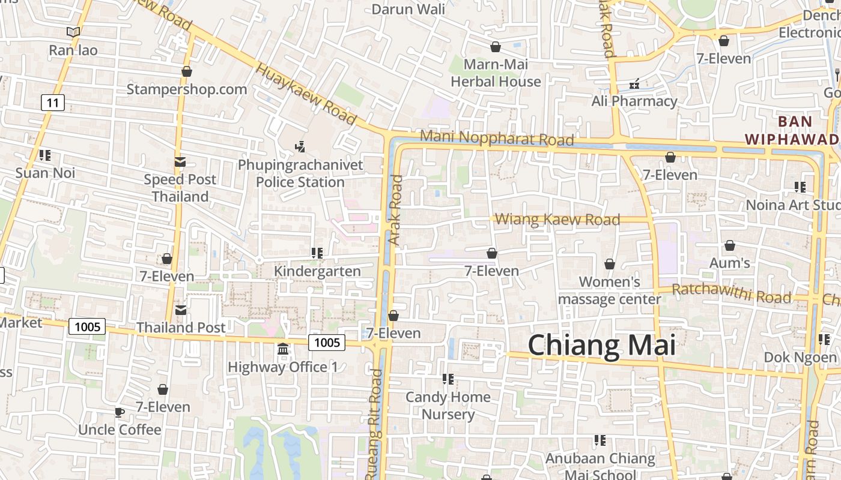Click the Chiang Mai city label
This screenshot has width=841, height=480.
pos(601,346)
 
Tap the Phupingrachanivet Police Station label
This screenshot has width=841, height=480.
pos(300,173)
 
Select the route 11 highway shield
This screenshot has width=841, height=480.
pos(53,103)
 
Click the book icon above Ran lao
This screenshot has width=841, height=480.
pos(73,32)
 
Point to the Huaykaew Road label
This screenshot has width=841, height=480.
pos(306,94)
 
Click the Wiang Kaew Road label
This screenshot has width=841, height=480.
pos(558,220)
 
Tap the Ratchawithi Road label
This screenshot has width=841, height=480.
pos(731,293)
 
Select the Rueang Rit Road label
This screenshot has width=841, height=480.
pos(374,423)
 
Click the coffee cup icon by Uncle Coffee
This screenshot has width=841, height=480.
pos(119,412)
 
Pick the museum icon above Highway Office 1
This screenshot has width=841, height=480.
pos(283,349)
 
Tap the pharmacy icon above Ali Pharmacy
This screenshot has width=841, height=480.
pos(634,84)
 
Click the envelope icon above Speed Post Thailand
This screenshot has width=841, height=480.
pos(180,161)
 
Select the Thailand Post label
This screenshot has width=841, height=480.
pos(181,328)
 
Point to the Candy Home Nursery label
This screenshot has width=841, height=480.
pos(448,406)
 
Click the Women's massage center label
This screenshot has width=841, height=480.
pos(610,290)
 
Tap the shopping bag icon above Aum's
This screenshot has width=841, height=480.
pos(729,245)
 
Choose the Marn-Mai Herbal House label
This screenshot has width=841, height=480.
pos(496,73)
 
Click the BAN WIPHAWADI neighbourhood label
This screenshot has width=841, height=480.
pos(792,130)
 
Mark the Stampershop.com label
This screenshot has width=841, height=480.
pos(186,89)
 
